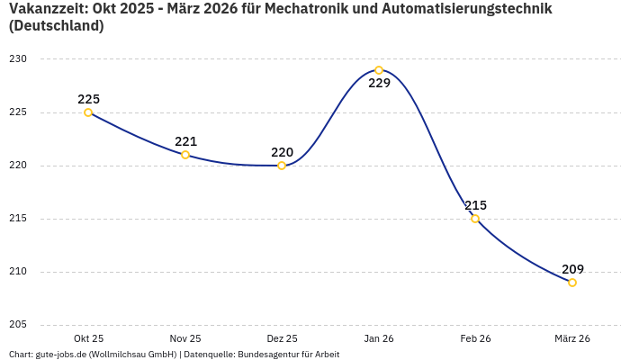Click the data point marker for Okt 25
pyautogui.click(x=88, y=112)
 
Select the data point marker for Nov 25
pyautogui.click(x=185, y=155)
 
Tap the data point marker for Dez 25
pyautogui.click(x=282, y=166)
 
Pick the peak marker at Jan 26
pyautogui.click(x=379, y=70)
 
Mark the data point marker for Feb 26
pyautogui.click(x=475, y=219)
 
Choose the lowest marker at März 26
pyautogui.click(x=572, y=283)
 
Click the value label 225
pyautogui.click(x=88, y=99)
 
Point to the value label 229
pyautogui.click(x=379, y=84)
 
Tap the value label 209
pyautogui.click(x=572, y=269)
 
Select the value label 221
pyautogui.click(x=185, y=141)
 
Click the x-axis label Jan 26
pyautogui.click(x=379, y=338)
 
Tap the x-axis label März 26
pyautogui.click(x=572, y=338)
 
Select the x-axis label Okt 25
pyautogui.click(x=88, y=338)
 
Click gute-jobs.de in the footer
pyautogui.click(x=59, y=355)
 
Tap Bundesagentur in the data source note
pyautogui.click(x=275, y=355)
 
